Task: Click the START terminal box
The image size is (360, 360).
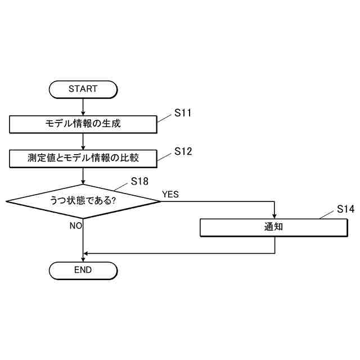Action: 83,89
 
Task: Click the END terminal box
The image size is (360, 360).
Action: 83,270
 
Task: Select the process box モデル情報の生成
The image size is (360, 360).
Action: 83,124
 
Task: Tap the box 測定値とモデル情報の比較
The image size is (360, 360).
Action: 83,159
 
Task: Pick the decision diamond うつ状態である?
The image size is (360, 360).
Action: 83,201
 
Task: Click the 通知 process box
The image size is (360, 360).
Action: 274,227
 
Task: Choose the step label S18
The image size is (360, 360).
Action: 140,181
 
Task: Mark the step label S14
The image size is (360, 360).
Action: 345,209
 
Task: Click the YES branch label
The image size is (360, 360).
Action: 170,194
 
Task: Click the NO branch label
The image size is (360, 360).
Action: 76,226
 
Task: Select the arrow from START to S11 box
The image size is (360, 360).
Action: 83,106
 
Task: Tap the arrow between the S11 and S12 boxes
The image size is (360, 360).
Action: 83,141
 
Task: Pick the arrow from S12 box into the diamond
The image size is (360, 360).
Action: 83,176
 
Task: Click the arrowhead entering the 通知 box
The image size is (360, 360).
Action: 274,215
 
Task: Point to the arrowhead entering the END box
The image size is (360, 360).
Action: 83,258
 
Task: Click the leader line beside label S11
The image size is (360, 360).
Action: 164,118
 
